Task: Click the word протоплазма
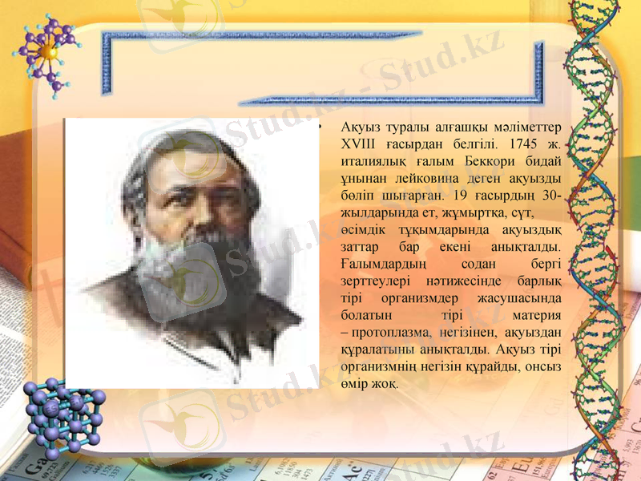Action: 391,332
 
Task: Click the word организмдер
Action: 425,298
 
